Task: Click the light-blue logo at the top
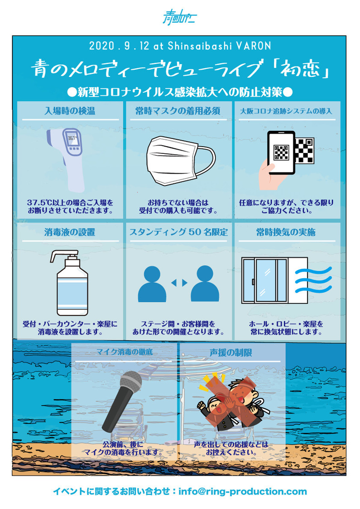(180, 17)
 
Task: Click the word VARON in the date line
(254, 46)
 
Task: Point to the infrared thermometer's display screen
(72, 138)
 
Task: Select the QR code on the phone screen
(281, 152)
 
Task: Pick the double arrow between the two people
(179, 283)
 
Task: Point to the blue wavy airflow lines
(313, 280)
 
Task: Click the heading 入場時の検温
(70, 111)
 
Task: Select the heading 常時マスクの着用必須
(178, 111)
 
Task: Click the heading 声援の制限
(230, 352)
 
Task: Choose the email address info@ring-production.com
(243, 491)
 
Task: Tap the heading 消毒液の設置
(70, 232)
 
